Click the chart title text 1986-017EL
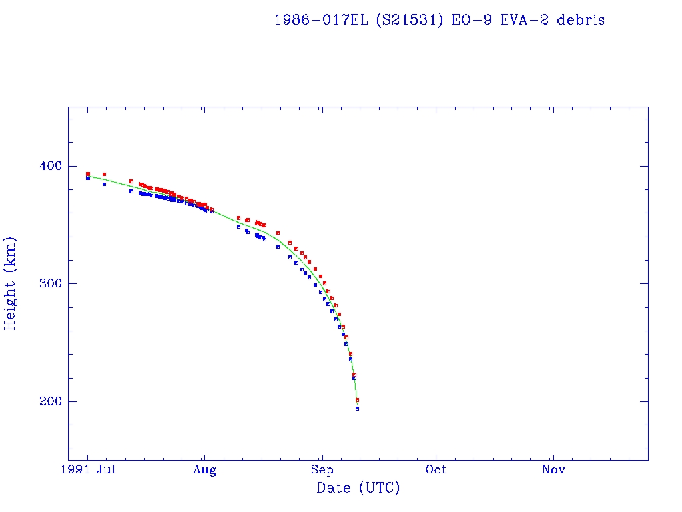click(x=322, y=20)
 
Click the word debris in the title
click(x=581, y=20)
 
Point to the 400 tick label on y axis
click(x=51, y=166)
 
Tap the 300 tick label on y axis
click(x=51, y=283)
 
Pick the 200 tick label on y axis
click(x=51, y=401)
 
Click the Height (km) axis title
click(x=11, y=283)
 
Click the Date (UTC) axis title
click(x=358, y=489)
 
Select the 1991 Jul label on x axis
click(x=93, y=470)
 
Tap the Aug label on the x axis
click(x=205, y=470)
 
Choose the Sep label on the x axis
click(x=322, y=470)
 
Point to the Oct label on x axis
click(x=436, y=470)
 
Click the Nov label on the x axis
click(x=553, y=470)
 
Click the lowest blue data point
click(x=358, y=408)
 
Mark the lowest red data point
click(x=358, y=400)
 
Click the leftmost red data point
click(x=88, y=174)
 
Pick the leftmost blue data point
click(x=88, y=178)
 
